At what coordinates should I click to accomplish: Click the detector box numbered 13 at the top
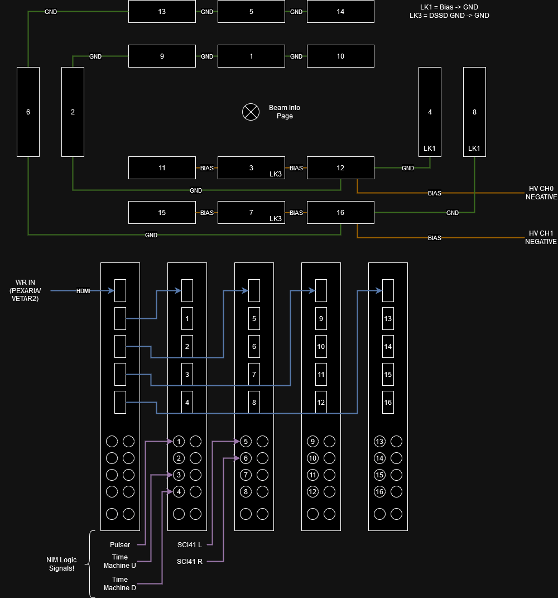(162, 12)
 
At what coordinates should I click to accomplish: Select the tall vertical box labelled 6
(28, 112)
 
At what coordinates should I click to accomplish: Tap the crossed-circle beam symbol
(251, 112)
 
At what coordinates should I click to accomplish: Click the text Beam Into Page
(285, 112)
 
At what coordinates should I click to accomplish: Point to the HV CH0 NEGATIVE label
(541, 193)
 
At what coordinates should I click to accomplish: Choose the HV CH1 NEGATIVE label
(541, 237)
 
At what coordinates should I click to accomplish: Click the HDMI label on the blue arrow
(84, 291)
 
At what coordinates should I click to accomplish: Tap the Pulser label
(120, 545)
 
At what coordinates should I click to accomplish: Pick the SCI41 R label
(190, 561)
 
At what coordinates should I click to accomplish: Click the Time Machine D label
(120, 583)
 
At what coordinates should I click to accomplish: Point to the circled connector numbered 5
(246, 442)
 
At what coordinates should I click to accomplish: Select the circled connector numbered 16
(379, 492)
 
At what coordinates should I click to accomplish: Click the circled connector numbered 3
(179, 475)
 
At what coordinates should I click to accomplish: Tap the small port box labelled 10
(321, 347)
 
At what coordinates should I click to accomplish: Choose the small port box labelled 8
(254, 403)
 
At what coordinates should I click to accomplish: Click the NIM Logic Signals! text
(61, 564)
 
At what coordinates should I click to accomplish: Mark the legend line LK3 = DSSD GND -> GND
(449, 16)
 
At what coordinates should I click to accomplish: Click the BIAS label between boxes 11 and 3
(207, 168)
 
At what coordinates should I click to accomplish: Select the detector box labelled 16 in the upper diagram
(340, 213)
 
